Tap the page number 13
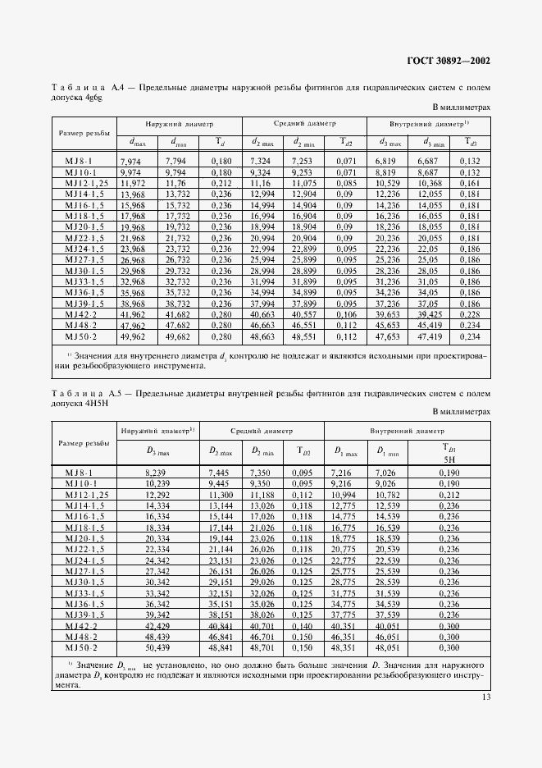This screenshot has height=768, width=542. (x=485, y=697)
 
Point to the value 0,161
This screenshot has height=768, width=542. (x=470, y=183)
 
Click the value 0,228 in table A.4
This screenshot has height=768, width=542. (x=470, y=313)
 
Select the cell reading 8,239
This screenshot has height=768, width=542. (x=157, y=473)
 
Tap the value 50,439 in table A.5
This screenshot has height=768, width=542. (x=157, y=647)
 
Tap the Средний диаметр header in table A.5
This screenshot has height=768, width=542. (x=262, y=429)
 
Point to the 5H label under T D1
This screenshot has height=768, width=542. (x=448, y=460)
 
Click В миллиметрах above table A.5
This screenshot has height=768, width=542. (x=461, y=412)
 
